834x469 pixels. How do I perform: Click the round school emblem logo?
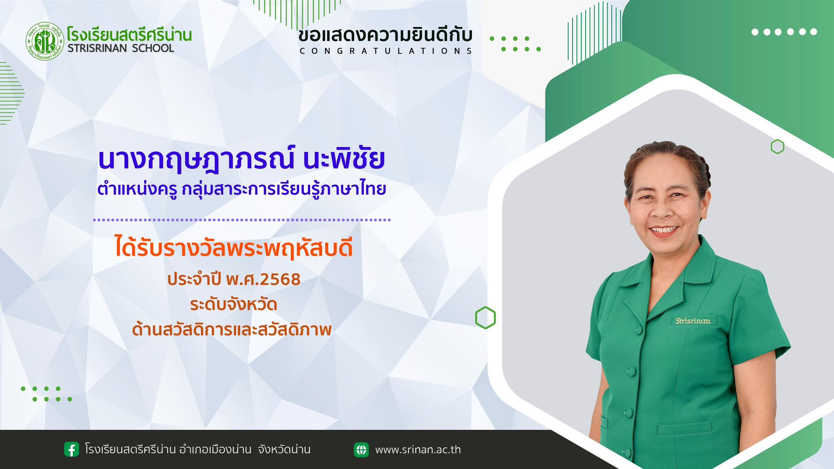point(45,41)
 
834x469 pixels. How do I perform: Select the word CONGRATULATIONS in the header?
point(386,51)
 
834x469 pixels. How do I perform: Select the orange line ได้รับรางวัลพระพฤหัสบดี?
point(234,249)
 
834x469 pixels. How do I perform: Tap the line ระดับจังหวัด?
point(234,305)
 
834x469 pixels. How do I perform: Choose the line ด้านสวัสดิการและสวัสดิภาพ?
point(232,329)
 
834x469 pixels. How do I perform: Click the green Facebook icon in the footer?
point(72,449)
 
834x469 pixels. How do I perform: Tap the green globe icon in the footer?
point(361,449)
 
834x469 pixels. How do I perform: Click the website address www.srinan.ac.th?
point(418,450)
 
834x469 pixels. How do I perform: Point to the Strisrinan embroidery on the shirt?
point(693,321)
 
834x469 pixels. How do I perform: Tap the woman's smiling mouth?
point(664,230)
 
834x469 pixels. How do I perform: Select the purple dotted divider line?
point(242,220)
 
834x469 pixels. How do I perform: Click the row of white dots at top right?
point(784,32)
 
